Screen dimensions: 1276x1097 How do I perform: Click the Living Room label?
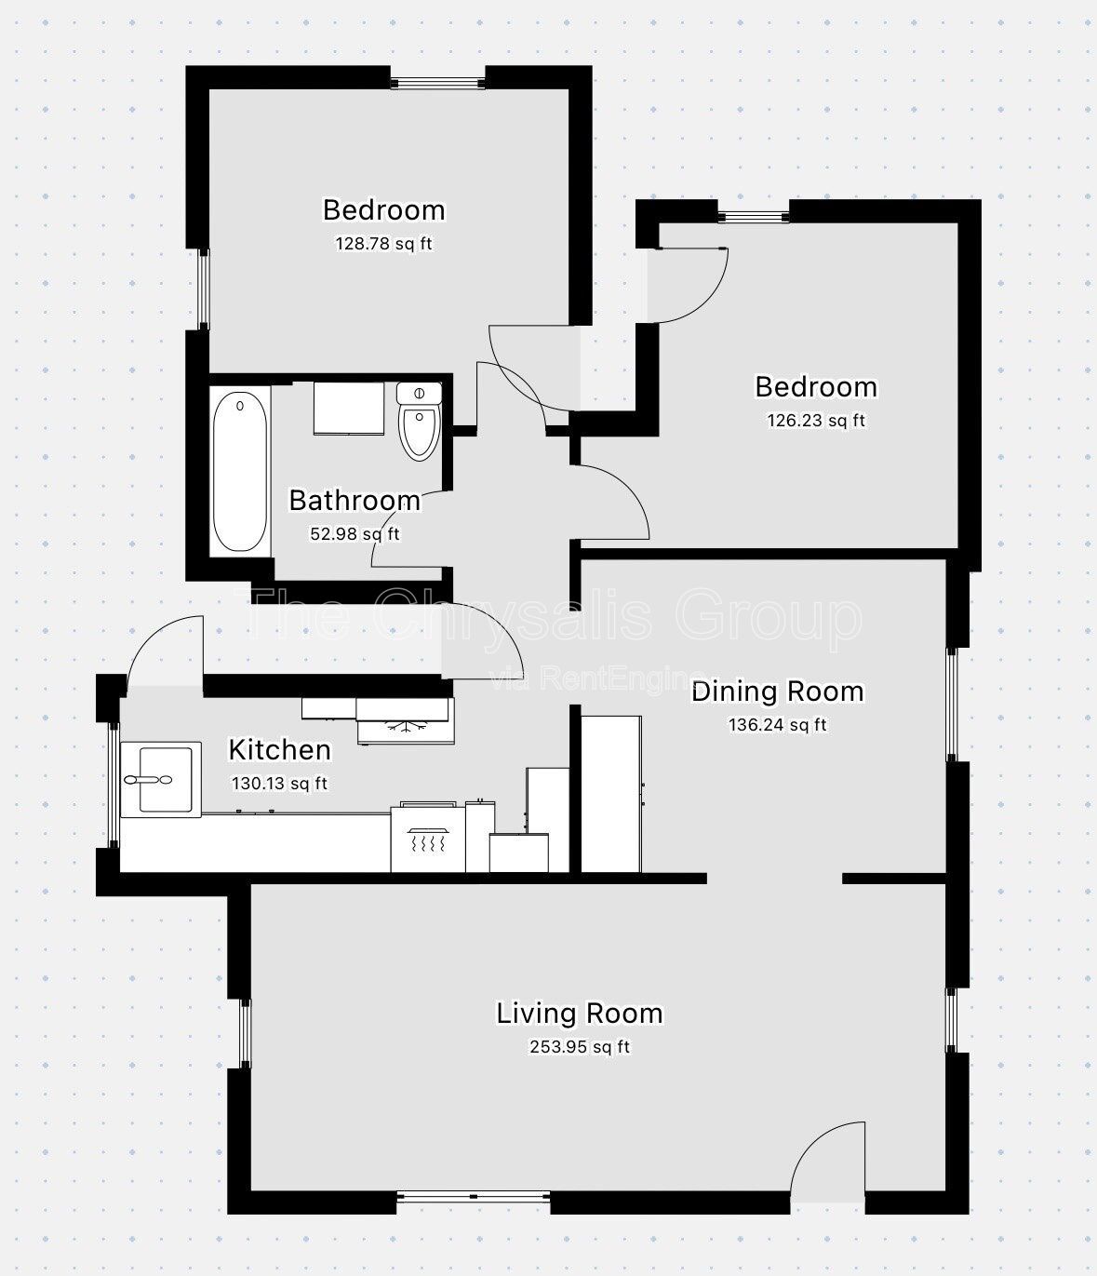(579, 1013)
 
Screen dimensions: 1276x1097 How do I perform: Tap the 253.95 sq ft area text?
(579, 1047)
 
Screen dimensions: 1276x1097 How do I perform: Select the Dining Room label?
(777, 692)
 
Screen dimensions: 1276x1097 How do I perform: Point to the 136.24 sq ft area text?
(777, 725)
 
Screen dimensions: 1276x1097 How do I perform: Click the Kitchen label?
(279, 749)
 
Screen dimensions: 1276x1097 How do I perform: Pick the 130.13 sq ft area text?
(279, 784)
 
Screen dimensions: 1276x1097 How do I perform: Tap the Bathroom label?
(355, 501)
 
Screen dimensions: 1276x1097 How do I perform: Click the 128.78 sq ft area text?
(383, 244)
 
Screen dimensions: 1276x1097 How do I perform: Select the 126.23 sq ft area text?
(815, 421)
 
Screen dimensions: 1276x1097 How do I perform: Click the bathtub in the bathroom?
(240, 472)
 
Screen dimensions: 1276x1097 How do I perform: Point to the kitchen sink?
(161, 778)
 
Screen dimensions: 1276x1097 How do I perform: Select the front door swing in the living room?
(828, 1159)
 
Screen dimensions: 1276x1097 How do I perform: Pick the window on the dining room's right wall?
(952, 704)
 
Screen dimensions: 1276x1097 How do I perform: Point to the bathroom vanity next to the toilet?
(349, 408)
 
